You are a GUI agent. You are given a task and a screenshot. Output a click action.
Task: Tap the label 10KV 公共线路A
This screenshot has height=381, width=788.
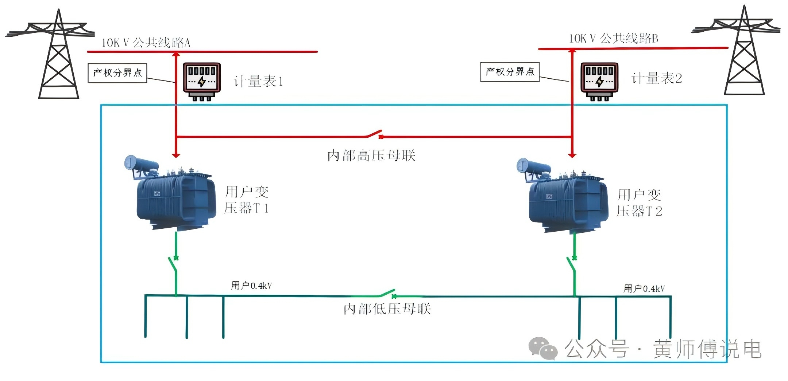[146, 43]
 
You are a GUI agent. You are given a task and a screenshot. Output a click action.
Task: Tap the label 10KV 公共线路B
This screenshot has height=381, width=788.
[614, 38]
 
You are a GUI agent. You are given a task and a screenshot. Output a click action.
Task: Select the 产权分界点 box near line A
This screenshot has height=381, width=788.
[117, 73]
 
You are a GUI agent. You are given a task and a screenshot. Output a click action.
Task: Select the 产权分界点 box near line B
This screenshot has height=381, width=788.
[510, 72]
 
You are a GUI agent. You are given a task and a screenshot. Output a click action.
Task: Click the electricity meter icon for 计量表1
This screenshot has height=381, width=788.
[202, 81]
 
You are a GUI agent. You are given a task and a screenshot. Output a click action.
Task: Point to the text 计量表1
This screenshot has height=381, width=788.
[258, 81]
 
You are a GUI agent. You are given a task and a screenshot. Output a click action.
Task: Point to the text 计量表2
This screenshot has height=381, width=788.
[656, 78]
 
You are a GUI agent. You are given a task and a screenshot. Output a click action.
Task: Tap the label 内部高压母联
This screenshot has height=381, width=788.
[371, 156]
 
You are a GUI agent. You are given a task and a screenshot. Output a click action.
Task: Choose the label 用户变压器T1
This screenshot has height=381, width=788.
[247, 200]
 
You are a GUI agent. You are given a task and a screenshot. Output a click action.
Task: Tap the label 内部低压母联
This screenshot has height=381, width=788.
[387, 309]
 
